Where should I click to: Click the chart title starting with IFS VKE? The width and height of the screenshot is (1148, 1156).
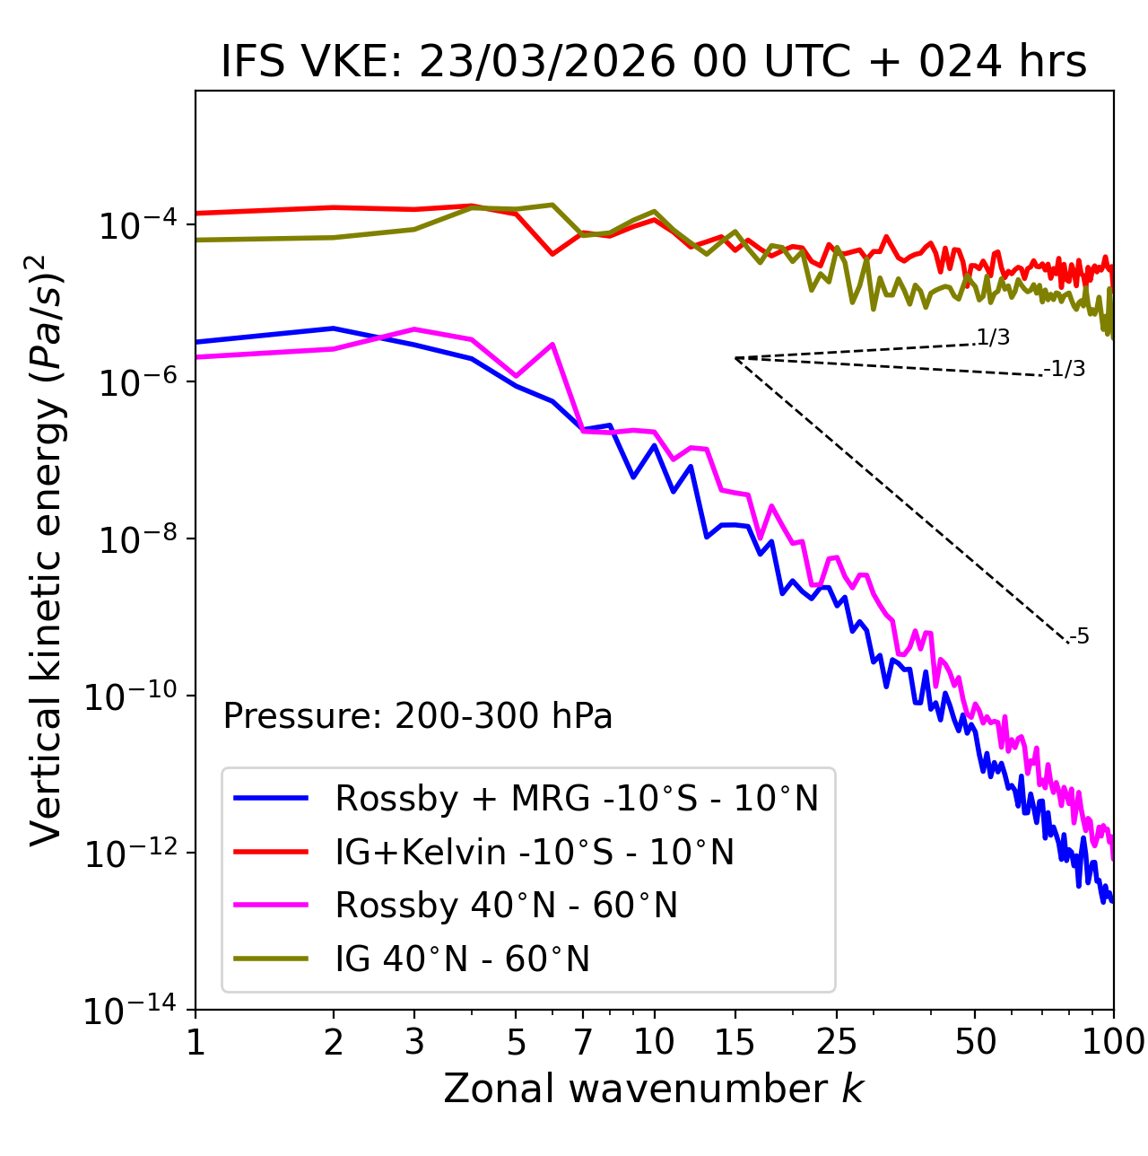click(x=654, y=63)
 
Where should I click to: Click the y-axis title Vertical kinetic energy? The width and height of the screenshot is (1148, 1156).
click(x=48, y=549)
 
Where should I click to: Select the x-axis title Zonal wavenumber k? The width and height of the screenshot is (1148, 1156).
click(x=653, y=1088)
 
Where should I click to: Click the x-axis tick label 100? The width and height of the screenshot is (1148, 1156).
click(x=1112, y=1042)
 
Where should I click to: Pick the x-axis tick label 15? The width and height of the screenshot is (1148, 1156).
click(x=735, y=1042)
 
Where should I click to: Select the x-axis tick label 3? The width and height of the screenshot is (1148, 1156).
click(x=414, y=1042)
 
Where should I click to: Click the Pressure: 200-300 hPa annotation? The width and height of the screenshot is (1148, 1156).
click(x=418, y=716)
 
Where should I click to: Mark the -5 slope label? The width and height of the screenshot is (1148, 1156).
click(x=1080, y=637)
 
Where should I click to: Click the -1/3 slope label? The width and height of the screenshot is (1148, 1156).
click(x=1065, y=369)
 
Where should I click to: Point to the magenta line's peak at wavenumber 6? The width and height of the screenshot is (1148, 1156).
click(x=552, y=345)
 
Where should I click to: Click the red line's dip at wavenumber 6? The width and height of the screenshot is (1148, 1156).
click(x=552, y=254)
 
